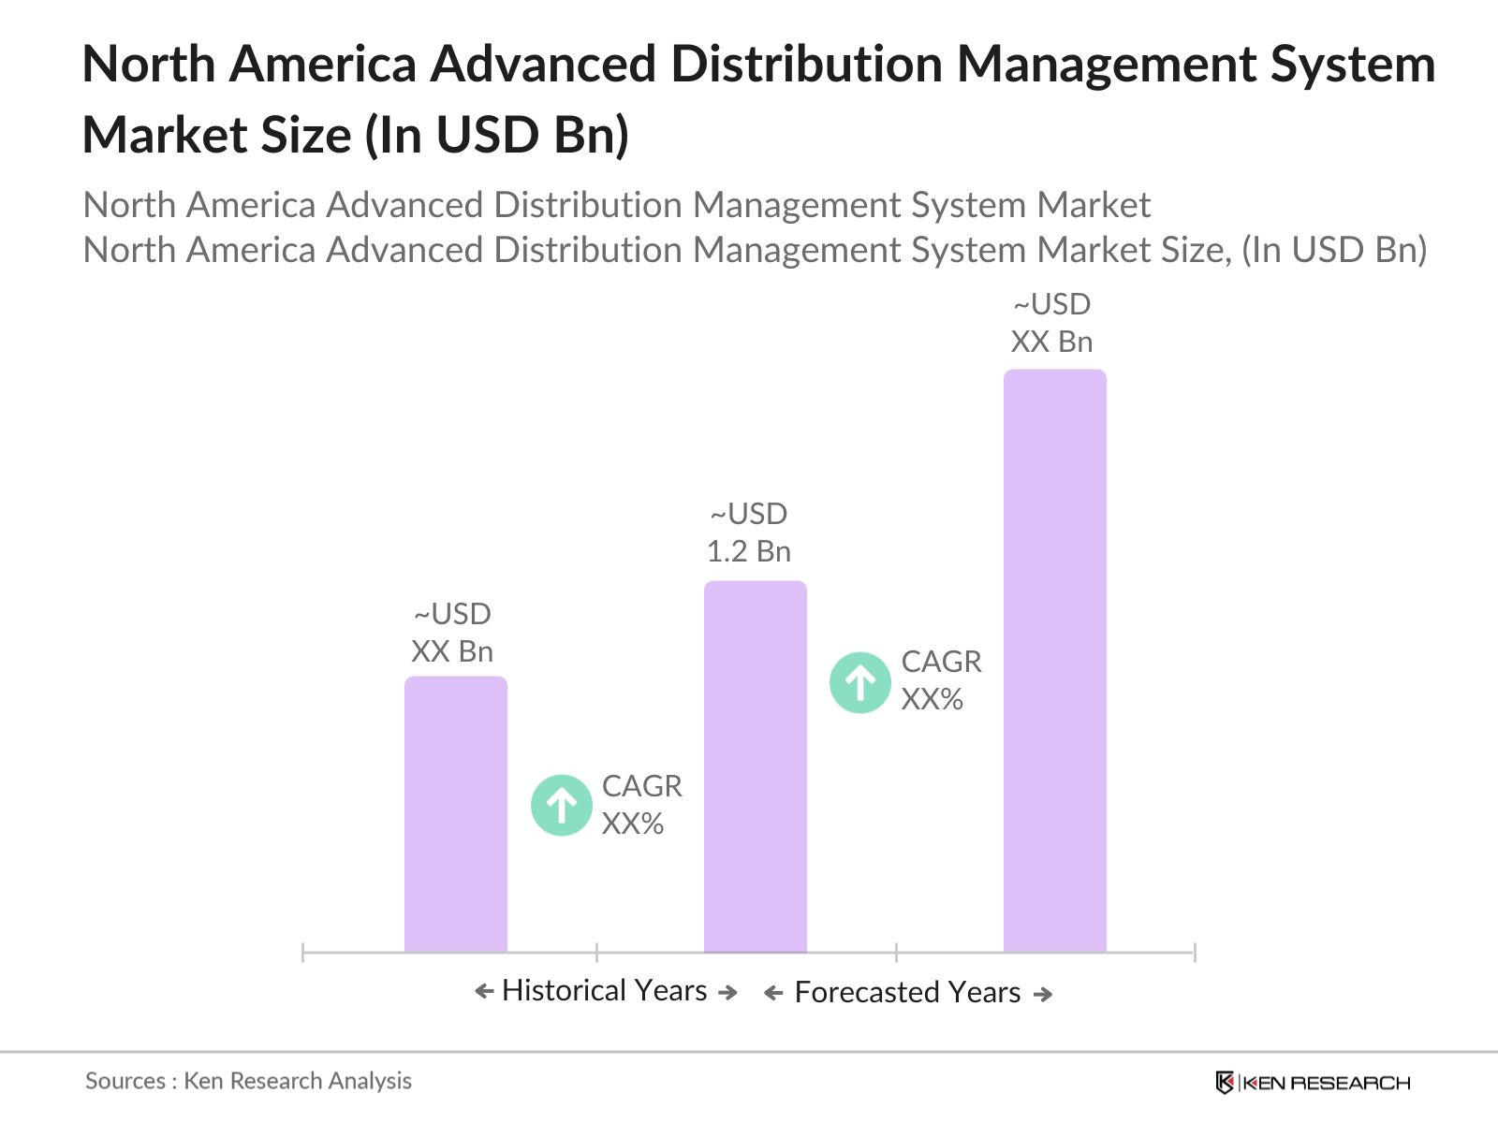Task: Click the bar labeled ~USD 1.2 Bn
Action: [x=755, y=767]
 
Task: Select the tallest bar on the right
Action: [x=1054, y=661]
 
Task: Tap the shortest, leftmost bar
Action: [x=455, y=814]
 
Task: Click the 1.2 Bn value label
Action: [x=748, y=551]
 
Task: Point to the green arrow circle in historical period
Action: [x=561, y=805]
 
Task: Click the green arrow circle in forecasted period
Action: [x=859, y=682]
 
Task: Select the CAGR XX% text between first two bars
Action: [x=641, y=805]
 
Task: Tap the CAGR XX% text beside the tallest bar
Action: [x=940, y=680]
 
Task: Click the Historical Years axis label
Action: [x=604, y=990]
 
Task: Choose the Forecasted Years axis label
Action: [x=906, y=992]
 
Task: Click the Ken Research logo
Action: [x=1313, y=1083]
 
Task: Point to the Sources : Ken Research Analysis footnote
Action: [x=248, y=1081]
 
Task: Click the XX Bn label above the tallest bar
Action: [x=1051, y=342]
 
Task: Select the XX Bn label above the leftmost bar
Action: [x=451, y=651]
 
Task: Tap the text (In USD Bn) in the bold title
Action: [x=496, y=135]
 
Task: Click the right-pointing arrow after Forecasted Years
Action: [x=1043, y=994]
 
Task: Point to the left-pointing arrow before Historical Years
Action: [x=484, y=991]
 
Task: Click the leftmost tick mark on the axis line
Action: [x=303, y=953]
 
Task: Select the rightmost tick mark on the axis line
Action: [x=1194, y=953]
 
